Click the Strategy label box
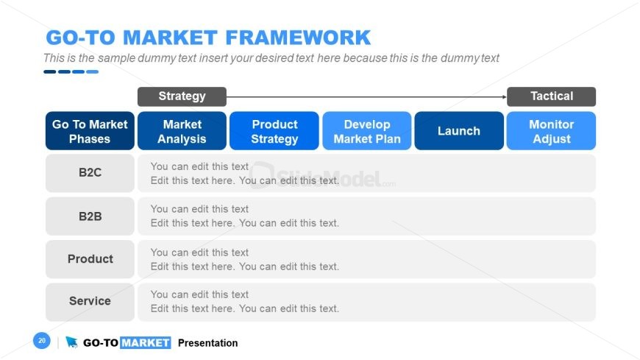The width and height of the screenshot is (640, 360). pos(182,96)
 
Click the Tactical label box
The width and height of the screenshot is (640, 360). pos(552,96)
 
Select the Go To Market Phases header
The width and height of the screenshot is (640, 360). pos(90,131)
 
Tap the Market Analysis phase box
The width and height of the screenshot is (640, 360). pos(182,131)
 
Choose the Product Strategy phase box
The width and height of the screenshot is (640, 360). pos(274,131)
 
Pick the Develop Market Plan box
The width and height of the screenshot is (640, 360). pos(367,131)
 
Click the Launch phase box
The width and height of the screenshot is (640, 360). pos(459,131)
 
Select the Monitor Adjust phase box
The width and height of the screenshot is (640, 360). pos(552,131)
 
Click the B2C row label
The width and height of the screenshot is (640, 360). pos(90,173)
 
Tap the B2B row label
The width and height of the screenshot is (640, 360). pos(90,216)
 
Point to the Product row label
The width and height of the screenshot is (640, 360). pos(90,259)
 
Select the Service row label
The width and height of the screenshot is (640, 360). pos(90,302)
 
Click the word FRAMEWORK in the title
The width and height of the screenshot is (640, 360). pos(298,38)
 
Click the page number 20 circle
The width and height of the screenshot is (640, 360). pos(42,340)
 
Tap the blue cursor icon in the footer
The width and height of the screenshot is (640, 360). pos(71,342)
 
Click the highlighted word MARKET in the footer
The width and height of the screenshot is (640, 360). pos(146,343)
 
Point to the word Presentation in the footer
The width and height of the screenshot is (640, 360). pos(207,343)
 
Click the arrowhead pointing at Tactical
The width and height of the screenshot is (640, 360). pos(505,97)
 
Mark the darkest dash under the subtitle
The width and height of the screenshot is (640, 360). pos(50,72)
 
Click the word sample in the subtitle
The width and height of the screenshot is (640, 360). pos(116,58)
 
